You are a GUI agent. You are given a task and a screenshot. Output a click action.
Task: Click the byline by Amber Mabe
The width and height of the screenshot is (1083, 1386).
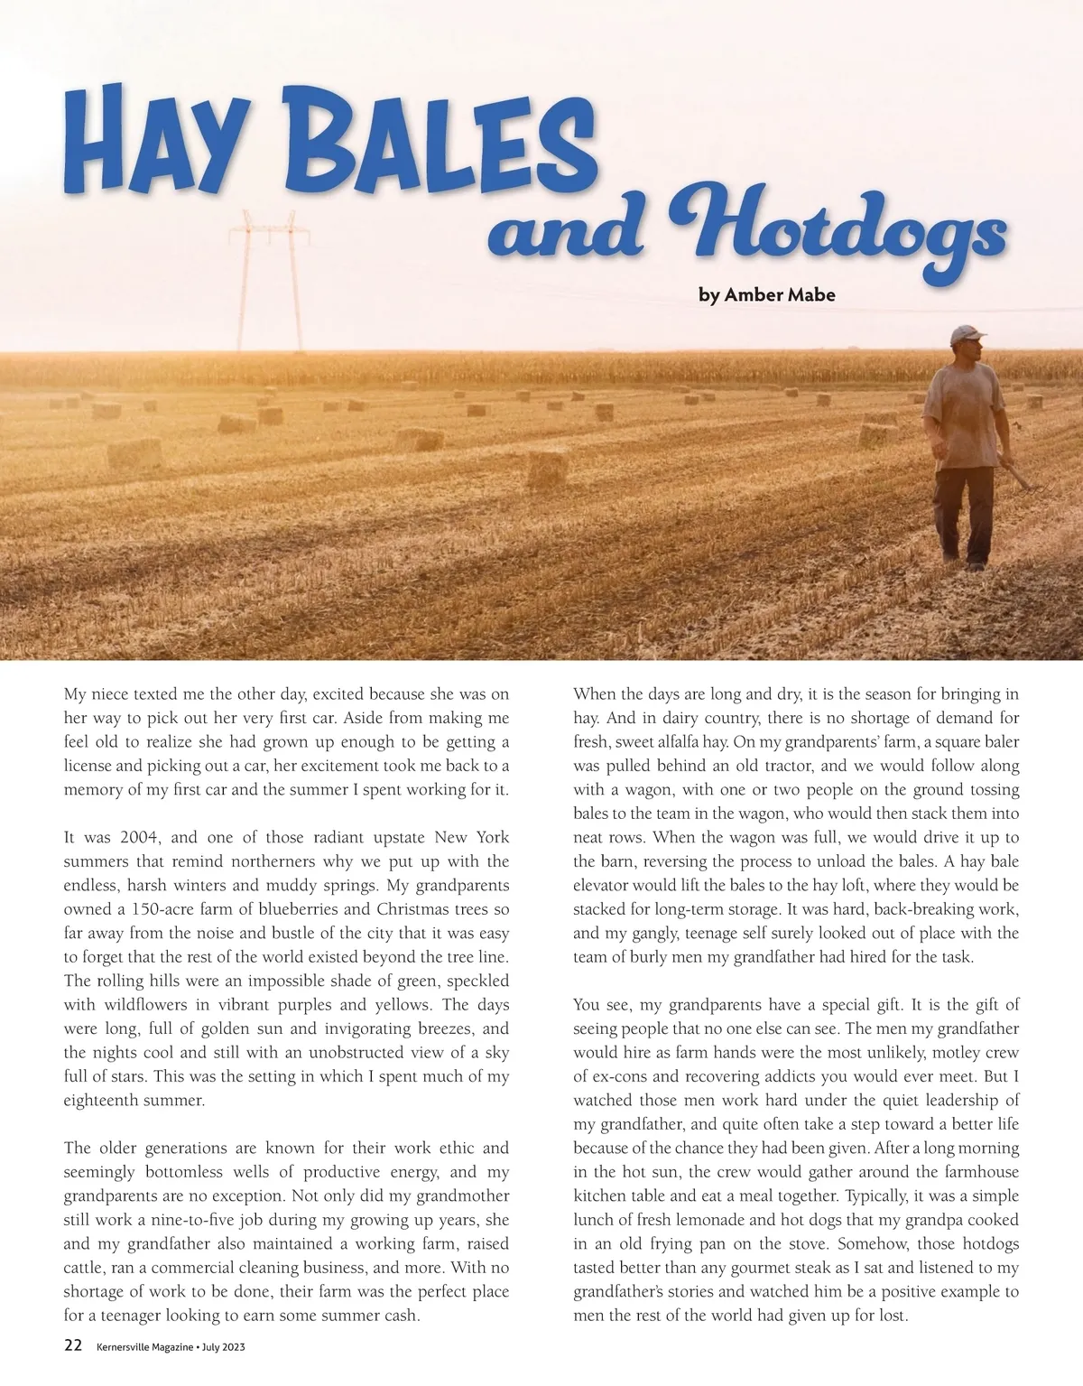click(767, 294)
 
